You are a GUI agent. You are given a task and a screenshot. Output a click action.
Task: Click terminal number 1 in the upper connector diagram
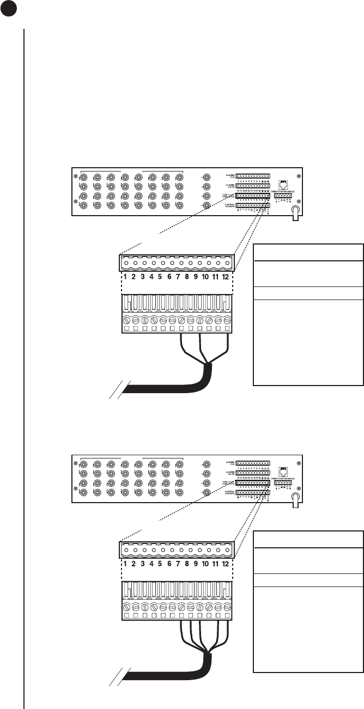click(125, 277)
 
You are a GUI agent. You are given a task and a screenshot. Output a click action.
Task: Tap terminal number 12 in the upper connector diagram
click(225, 277)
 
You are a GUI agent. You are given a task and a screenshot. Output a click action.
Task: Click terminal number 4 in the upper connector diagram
click(151, 277)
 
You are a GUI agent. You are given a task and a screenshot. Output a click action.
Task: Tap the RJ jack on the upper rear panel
click(283, 184)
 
